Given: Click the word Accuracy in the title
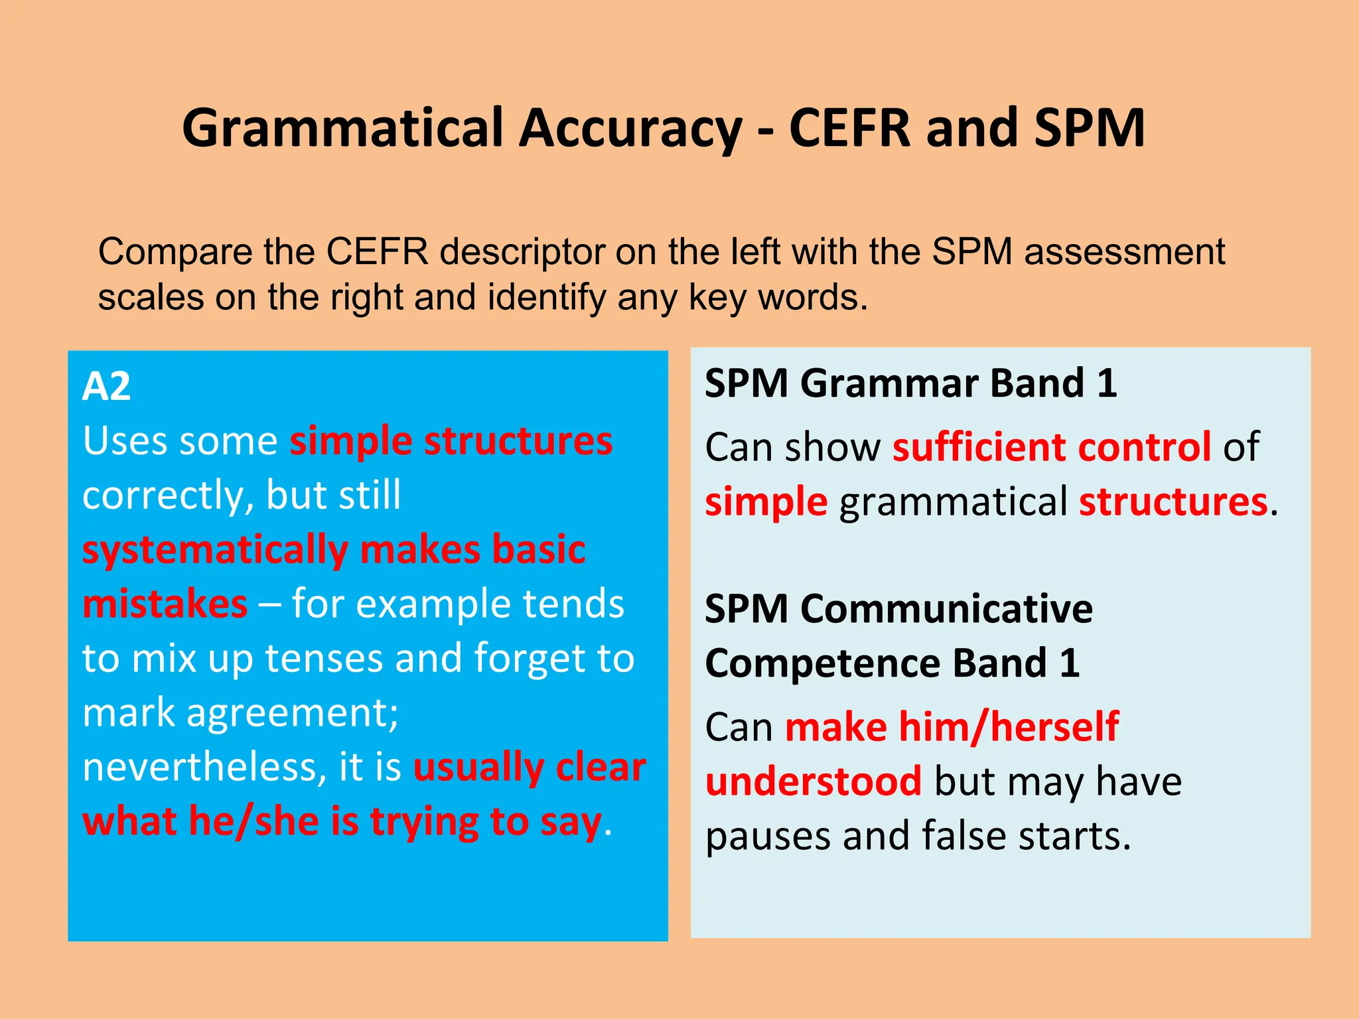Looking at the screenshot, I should coord(630,129).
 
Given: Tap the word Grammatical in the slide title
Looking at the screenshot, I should coord(342,129).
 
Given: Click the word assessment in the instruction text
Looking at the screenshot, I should coord(1124,253).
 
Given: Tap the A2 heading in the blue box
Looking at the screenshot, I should coord(106,386).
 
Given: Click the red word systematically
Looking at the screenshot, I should coord(216,551).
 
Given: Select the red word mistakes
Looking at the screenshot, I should coord(165,604).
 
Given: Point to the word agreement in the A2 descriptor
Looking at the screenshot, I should coord(292,713).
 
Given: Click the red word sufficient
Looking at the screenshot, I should coord(979,447).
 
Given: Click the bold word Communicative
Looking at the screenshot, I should coord(946,609).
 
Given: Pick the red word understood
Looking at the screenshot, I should coord(814,781).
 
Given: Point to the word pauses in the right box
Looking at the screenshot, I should coord(767,836).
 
